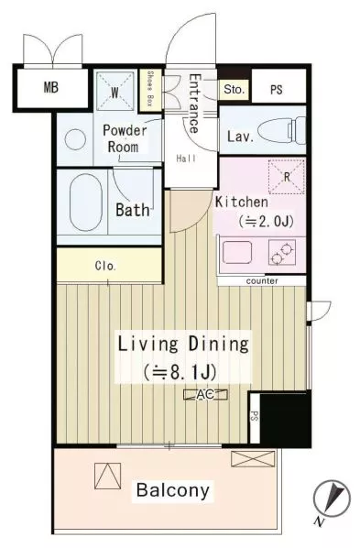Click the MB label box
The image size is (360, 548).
point(51,87)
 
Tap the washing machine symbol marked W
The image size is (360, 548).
point(115,92)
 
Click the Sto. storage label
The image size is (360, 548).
point(234,90)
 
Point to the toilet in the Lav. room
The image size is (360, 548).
point(281,130)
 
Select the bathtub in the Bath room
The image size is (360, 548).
point(86,203)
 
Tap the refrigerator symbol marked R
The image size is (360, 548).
point(287,177)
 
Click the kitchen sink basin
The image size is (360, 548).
point(237,252)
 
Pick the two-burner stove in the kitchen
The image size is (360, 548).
point(282,252)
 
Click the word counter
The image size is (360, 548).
point(262,281)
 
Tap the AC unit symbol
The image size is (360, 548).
point(205,395)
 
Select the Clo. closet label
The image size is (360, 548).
point(105,266)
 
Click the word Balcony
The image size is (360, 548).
point(173,490)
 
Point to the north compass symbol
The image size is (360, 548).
point(332,499)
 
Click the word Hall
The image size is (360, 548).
point(186,159)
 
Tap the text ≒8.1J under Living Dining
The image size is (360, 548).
point(180,372)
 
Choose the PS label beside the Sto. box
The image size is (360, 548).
point(276,90)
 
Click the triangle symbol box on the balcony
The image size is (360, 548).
point(108,476)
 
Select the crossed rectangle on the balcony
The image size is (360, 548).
point(253,458)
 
